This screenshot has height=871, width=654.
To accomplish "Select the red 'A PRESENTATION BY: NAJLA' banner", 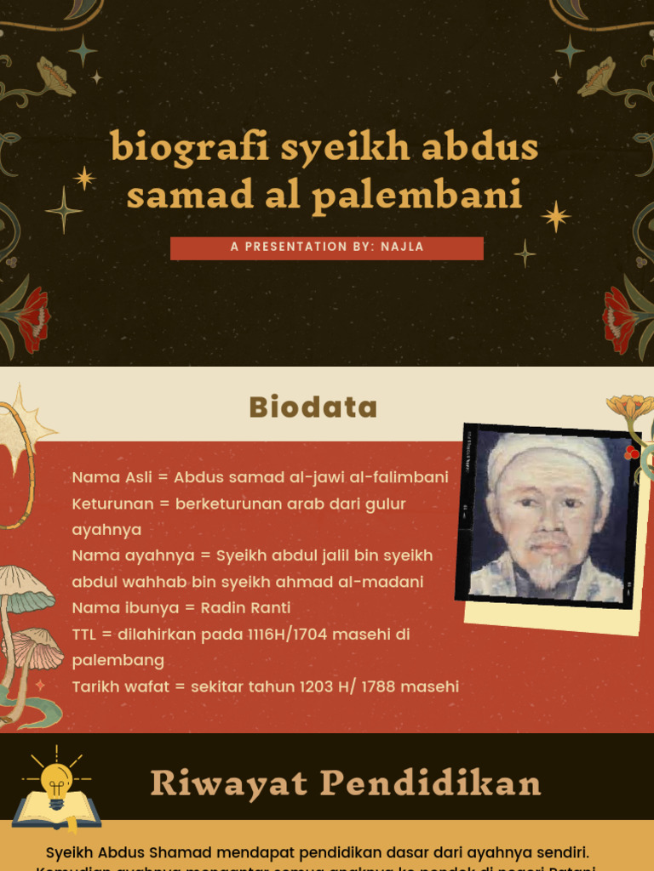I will pos(327,248).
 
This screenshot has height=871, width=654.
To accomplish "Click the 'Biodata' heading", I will pos(313,407).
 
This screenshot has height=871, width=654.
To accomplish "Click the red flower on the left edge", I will pos(33,319).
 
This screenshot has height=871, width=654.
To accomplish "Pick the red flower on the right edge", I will pos(619,319).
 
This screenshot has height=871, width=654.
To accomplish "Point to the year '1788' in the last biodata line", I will pos(378,686).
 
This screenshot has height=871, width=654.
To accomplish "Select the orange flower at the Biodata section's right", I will pos(631,408).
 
